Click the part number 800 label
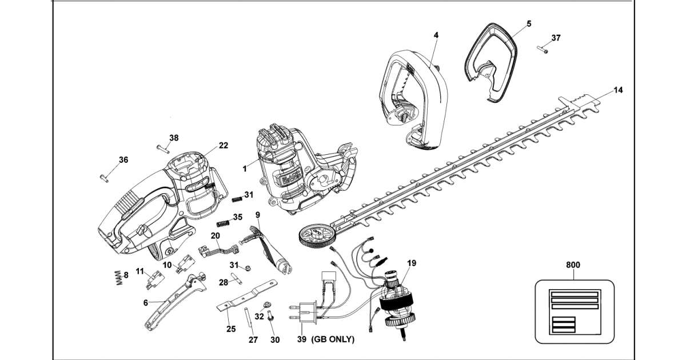(573, 265)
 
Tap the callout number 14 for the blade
(618, 90)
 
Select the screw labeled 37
(542, 49)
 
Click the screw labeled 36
(104, 178)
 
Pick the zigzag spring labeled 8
(119, 278)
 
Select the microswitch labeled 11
(155, 280)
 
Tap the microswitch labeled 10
(185, 264)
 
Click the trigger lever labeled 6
(175, 302)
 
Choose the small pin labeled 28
(237, 279)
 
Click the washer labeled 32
(266, 305)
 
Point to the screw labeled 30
(270, 316)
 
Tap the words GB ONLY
(333, 339)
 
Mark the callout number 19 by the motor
(412, 263)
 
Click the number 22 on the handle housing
(224, 145)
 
